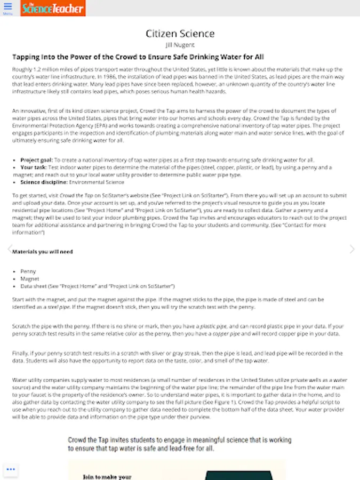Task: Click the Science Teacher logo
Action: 53,8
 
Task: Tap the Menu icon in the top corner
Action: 7,9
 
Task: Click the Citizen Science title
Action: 180,34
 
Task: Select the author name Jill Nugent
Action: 180,45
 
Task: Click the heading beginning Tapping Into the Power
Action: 138,57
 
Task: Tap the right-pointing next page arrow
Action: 351,249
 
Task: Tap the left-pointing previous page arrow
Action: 9,249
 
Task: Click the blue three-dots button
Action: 11,469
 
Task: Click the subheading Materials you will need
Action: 43,252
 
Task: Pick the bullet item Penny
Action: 28,271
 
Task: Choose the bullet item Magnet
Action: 29,279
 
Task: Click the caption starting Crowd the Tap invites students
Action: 180,444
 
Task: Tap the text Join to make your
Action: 107,477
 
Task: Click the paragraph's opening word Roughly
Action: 21,70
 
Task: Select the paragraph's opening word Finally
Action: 20,354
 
